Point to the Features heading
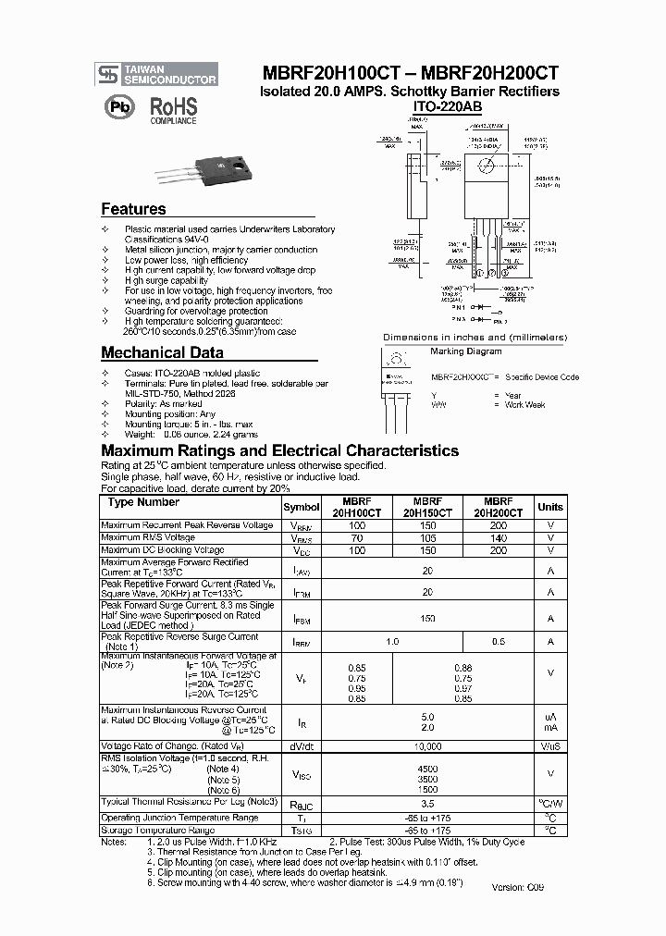[x=133, y=209]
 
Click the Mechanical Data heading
[x=161, y=352]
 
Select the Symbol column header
[x=302, y=507]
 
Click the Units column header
[x=549, y=507]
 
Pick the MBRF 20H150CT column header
[x=426, y=507]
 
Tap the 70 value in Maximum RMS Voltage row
[x=356, y=537]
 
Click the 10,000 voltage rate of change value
[x=426, y=746]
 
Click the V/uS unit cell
[x=549, y=746]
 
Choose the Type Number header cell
[x=143, y=502]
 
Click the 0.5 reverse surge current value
[x=499, y=642]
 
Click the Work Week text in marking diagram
[x=526, y=405]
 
